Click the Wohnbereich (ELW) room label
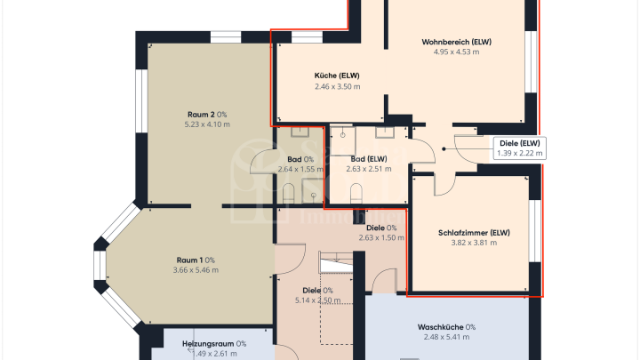(456, 42)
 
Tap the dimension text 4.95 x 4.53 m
(456, 52)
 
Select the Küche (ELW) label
(337, 76)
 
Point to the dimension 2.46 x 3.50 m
(337, 86)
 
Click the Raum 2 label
(207, 114)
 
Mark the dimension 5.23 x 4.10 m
(207, 124)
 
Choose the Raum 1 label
(195, 260)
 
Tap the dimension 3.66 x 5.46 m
(195, 270)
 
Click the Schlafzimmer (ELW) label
(474, 234)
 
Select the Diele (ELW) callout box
(518, 148)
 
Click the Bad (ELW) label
(368, 158)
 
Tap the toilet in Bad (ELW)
(356, 194)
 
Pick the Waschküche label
(446, 327)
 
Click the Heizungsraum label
(214, 343)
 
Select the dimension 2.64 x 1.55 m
(300, 169)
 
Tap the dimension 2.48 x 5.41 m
(446, 338)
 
